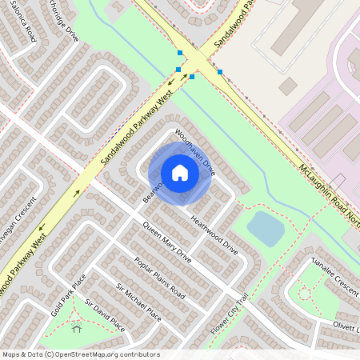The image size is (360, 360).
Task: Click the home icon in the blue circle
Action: click(180, 173)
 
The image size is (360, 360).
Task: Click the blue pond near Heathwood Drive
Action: click(266, 228)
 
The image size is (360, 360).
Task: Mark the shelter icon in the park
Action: click(77, 327)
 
